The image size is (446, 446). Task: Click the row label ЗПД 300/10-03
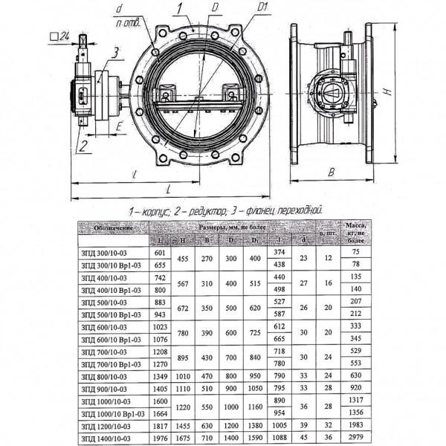click(x=103, y=253)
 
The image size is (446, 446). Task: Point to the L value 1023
click(x=161, y=326)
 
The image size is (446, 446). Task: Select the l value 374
click(x=280, y=253)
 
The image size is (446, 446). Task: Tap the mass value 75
click(x=355, y=253)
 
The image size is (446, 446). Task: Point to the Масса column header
click(x=355, y=232)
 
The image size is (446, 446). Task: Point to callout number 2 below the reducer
click(x=85, y=143)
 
